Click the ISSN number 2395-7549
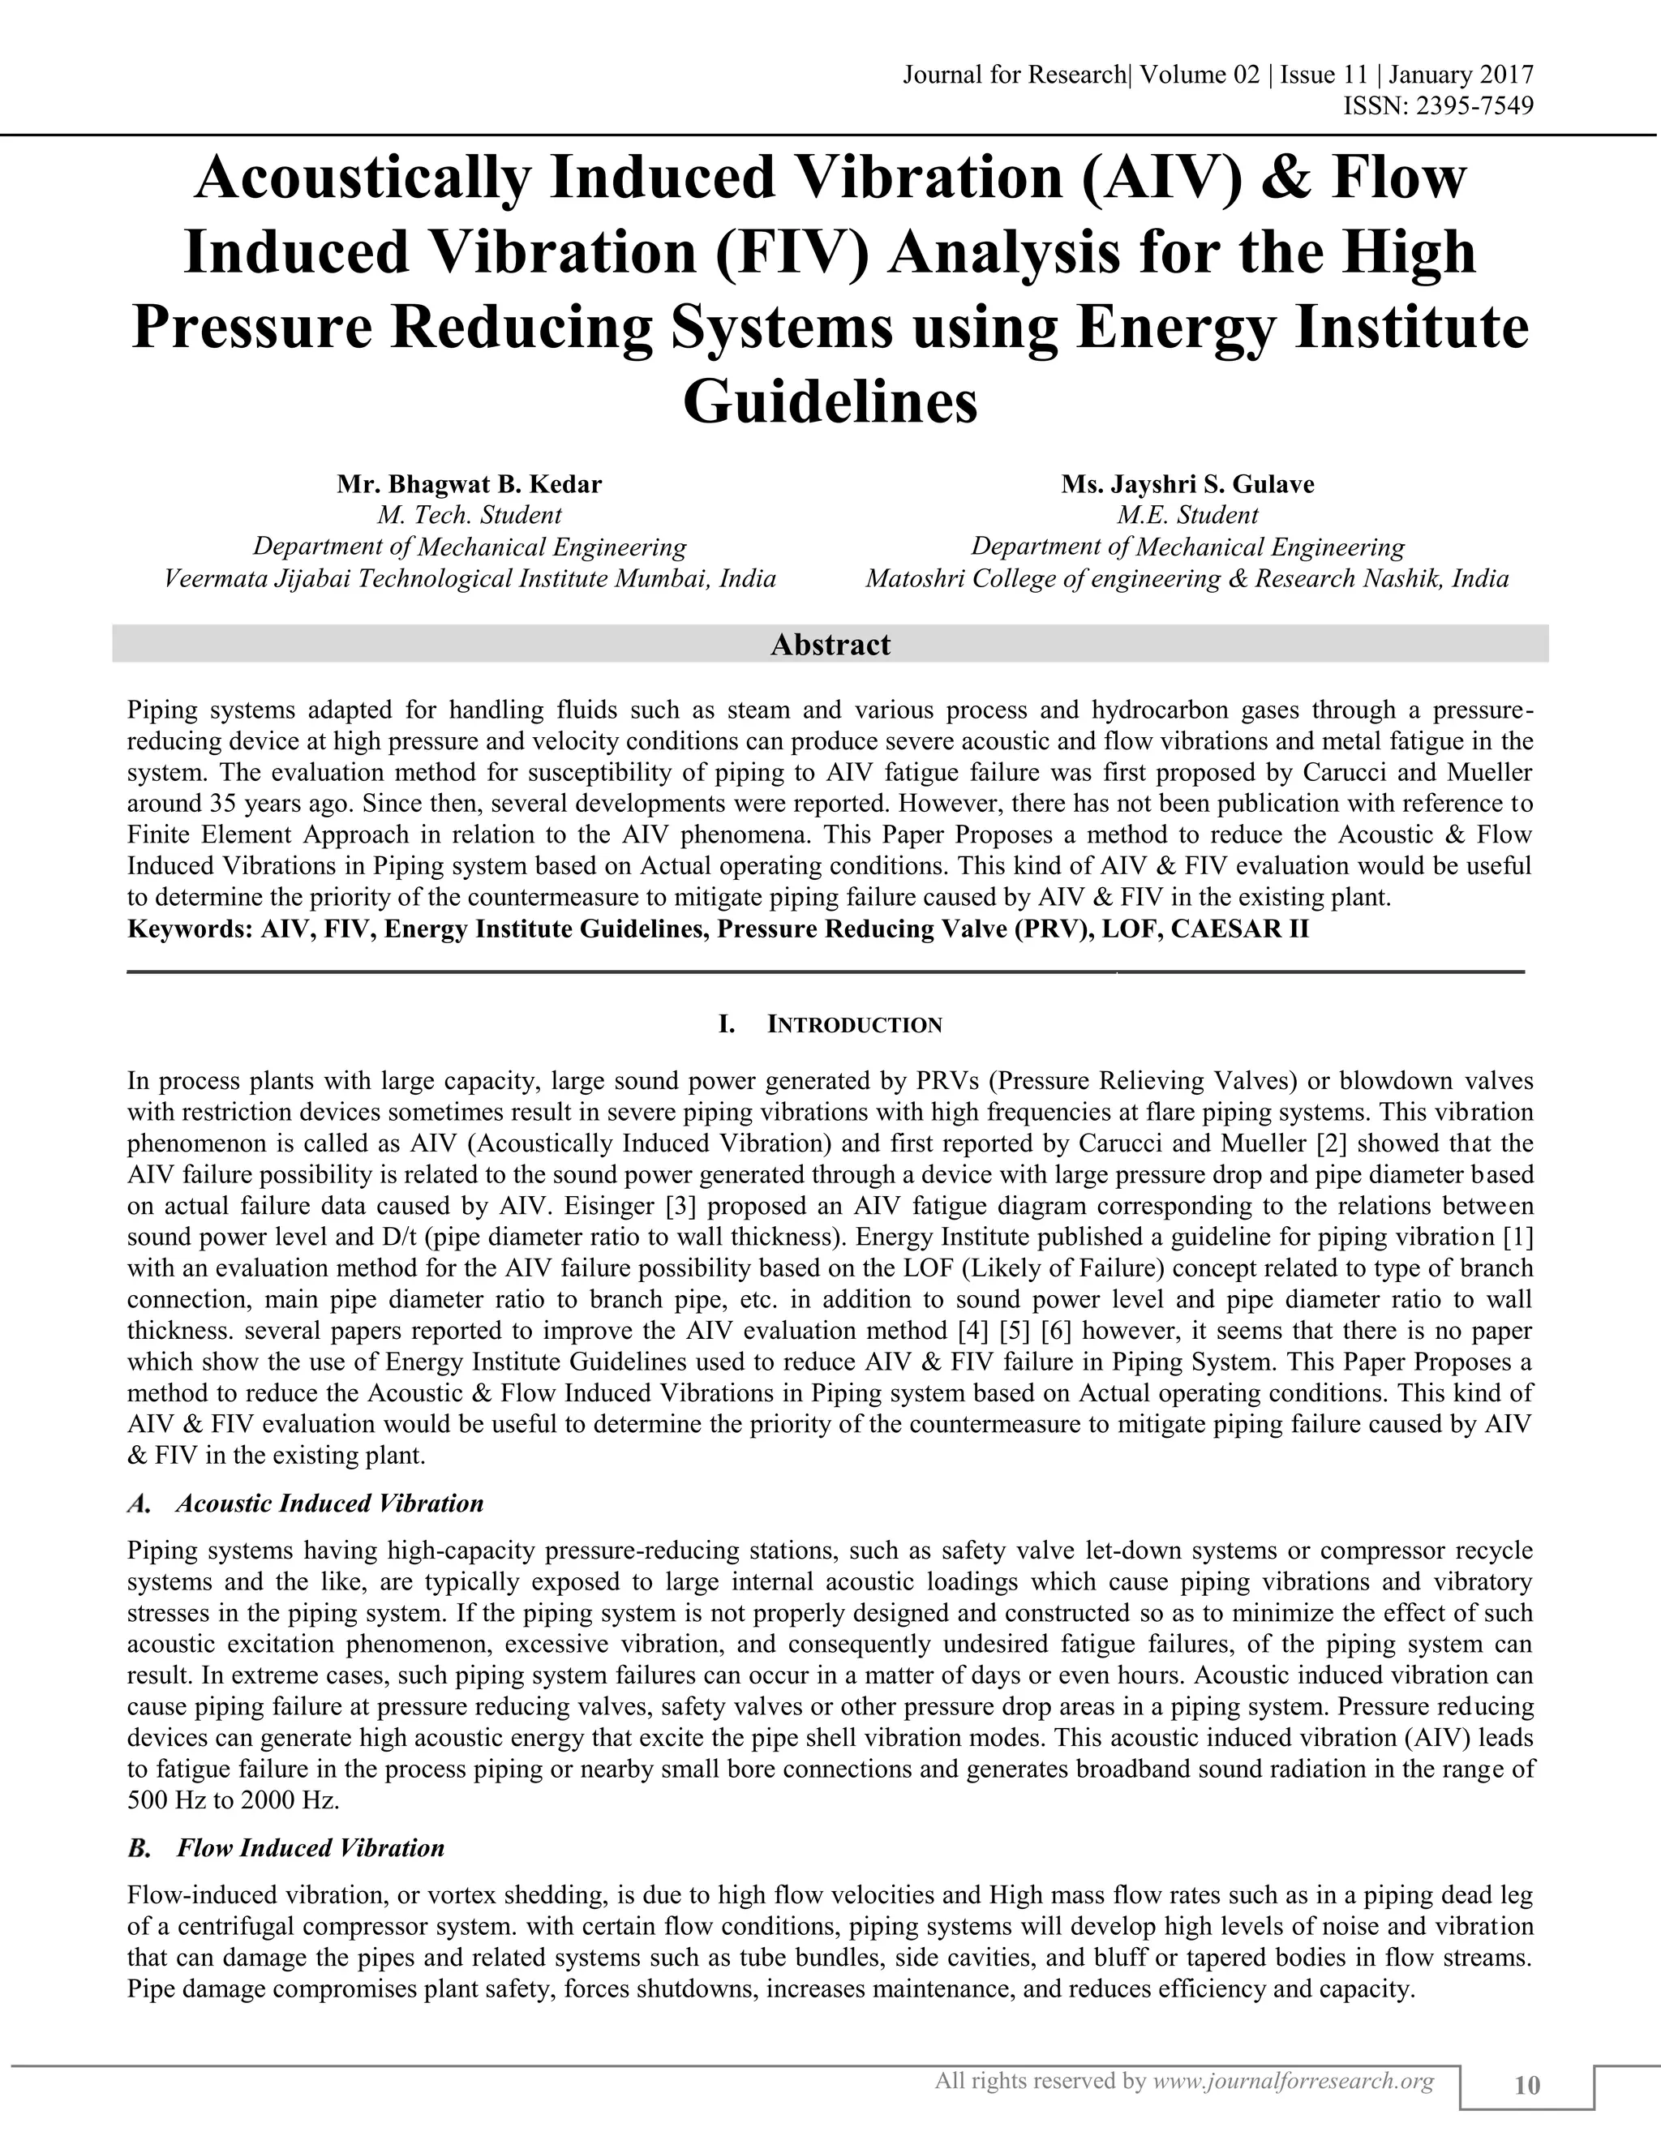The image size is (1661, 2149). point(1473,105)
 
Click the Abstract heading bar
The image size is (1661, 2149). point(830,645)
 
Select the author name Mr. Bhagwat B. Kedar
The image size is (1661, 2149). point(470,484)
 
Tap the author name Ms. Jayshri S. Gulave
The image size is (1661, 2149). point(1187,484)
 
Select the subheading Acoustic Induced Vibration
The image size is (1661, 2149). point(329,1503)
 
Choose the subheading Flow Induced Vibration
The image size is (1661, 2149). point(310,1848)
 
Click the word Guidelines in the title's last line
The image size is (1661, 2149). point(830,402)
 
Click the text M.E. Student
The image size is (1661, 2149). point(1187,515)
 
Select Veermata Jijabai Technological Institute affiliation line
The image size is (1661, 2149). point(470,578)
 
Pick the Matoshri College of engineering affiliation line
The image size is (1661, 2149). point(1187,578)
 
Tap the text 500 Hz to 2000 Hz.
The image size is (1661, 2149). point(234,1800)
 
